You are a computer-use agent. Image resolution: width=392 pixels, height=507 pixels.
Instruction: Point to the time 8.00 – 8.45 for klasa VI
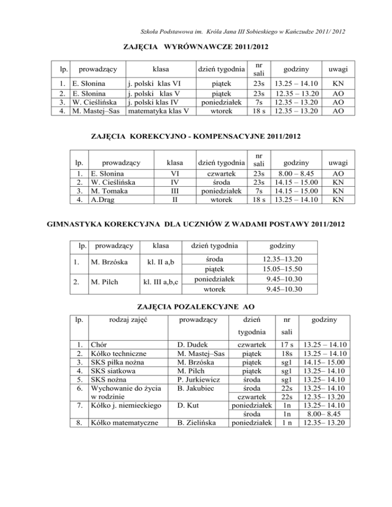point(297,173)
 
